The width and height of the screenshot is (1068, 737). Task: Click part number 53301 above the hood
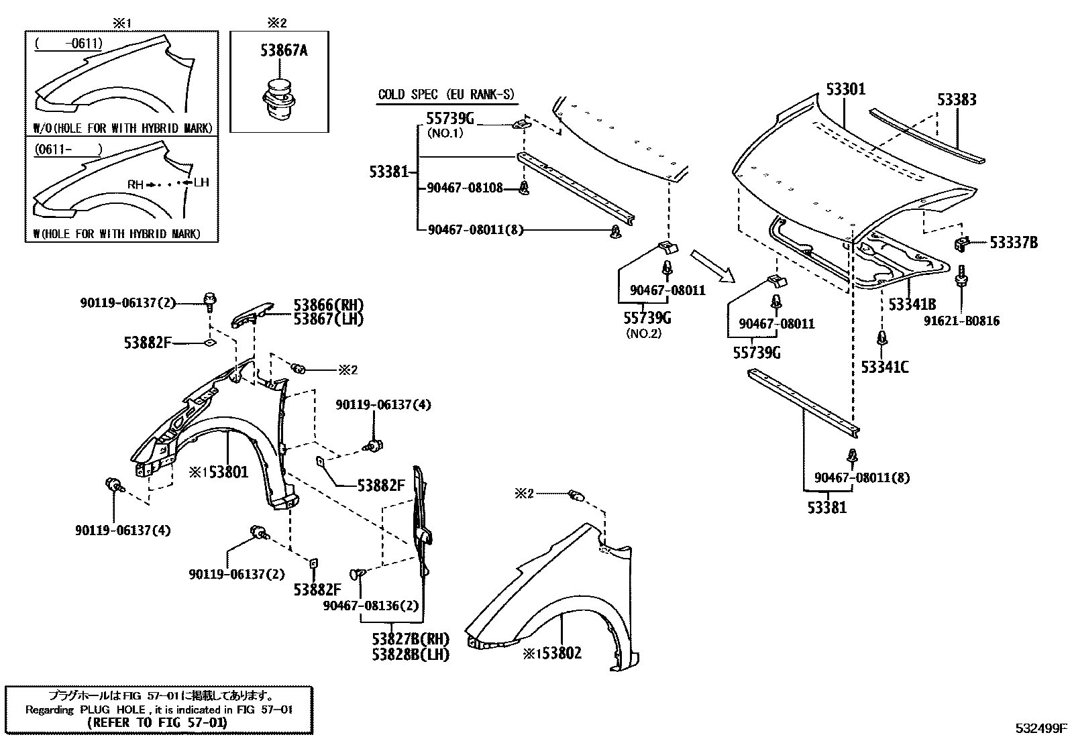tap(845, 89)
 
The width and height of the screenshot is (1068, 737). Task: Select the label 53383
tap(957, 99)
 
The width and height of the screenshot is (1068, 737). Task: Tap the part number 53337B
tap(1013, 243)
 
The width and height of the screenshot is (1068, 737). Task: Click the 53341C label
tap(885, 366)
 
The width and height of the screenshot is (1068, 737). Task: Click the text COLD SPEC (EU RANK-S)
tap(446, 95)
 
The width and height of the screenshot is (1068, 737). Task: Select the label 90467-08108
tap(464, 188)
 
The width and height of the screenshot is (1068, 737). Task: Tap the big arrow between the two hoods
tap(713, 266)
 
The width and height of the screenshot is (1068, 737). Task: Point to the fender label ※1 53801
tap(218, 472)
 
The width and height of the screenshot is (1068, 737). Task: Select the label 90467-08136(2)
tap(370, 606)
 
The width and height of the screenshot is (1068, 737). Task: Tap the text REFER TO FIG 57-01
tap(157, 723)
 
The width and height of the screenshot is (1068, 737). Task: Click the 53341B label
tap(912, 304)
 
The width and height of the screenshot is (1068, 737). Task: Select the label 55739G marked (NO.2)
tap(647, 318)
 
